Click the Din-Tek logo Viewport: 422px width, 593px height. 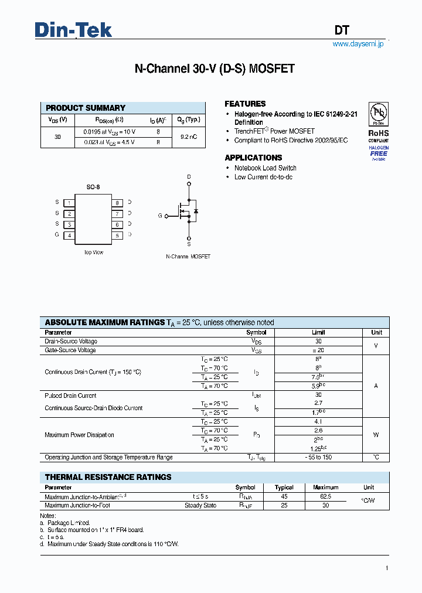click(73, 29)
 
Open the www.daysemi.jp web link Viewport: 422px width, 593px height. click(358, 44)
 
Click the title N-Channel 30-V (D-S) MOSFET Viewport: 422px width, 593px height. click(215, 69)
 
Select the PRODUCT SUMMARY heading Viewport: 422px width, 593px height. click(86, 108)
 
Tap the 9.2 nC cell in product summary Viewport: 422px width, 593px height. click(188, 137)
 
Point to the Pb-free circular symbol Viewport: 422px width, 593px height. click(378, 113)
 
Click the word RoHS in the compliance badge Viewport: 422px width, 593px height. click(378, 134)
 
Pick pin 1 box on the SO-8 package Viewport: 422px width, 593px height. click(69, 203)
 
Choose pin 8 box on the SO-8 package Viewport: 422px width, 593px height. click(117, 203)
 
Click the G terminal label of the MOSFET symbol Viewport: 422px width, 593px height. click(160, 216)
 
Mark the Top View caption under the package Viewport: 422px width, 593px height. click(94, 253)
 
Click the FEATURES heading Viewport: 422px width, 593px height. click(245, 104)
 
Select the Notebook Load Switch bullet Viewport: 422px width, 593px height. click(265, 168)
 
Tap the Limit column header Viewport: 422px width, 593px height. click(318, 332)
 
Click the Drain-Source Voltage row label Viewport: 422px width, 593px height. click(71, 341)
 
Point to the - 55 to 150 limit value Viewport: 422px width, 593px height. click(318, 457)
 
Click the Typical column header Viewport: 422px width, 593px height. click(284, 487)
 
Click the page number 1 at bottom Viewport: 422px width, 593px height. click(387, 568)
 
